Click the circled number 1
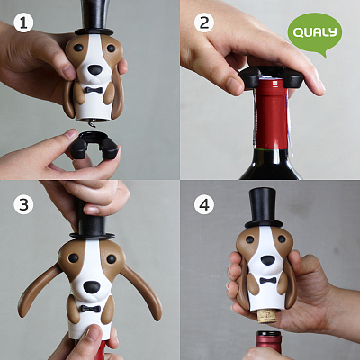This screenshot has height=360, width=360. tap(23, 23)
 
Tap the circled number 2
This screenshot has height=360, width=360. tap(204, 23)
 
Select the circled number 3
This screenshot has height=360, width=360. tap(23, 204)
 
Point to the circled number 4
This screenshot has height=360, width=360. tap(204, 204)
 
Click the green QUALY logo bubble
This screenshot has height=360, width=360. tap(315, 33)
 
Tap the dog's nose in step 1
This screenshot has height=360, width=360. tap(95, 70)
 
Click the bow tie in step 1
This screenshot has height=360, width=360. tap(93, 90)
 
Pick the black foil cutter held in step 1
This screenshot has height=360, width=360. tap(94, 145)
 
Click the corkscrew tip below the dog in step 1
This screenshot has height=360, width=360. tap(90, 123)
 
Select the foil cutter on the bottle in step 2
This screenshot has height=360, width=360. tap(272, 77)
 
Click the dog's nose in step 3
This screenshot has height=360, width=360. tap(92, 287)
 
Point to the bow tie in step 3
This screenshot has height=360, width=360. tap(90, 309)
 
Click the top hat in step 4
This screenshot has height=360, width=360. tap(264, 208)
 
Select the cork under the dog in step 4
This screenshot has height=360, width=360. tap(268, 316)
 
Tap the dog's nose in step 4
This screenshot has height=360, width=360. tap(267, 260)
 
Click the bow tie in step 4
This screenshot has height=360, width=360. tap(268, 281)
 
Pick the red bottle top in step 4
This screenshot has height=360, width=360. tap(268, 342)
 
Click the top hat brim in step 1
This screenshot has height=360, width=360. tap(94, 31)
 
